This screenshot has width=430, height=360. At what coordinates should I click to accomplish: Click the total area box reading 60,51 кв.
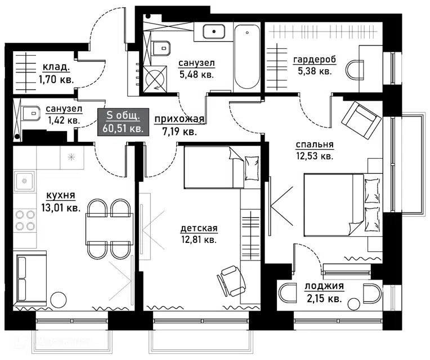pyautogui.click(x=123, y=122)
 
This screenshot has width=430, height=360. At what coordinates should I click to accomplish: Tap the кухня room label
pyautogui.click(x=61, y=196)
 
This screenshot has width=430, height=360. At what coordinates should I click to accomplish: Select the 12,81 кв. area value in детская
pyautogui.click(x=199, y=240)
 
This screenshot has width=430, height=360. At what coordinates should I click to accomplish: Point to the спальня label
pyautogui.click(x=315, y=145)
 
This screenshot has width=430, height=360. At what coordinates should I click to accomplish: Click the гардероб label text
pyautogui.click(x=315, y=60)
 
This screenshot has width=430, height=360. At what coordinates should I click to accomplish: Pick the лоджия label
pyautogui.click(x=324, y=286)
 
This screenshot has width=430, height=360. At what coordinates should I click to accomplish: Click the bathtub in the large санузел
pyautogui.click(x=247, y=57)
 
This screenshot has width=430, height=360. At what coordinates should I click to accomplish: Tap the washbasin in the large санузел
pyautogui.click(x=214, y=31)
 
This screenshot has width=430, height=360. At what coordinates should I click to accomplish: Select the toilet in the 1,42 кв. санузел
pyautogui.click(x=30, y=114)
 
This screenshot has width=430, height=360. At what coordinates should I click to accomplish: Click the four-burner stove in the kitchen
pyautogui.click(x=25, y=220)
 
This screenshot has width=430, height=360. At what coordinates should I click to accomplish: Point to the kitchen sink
pyautogui.click(x=24, y=181)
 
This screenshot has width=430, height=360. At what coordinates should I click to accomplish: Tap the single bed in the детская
pyautogui.click(x=222, y=167)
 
